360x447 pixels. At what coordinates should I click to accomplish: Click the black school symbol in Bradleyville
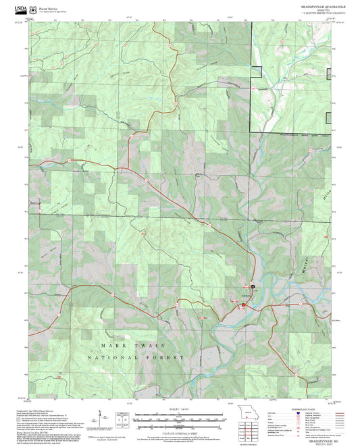point(253,286)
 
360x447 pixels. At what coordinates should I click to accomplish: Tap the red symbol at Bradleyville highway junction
point(243,307)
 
